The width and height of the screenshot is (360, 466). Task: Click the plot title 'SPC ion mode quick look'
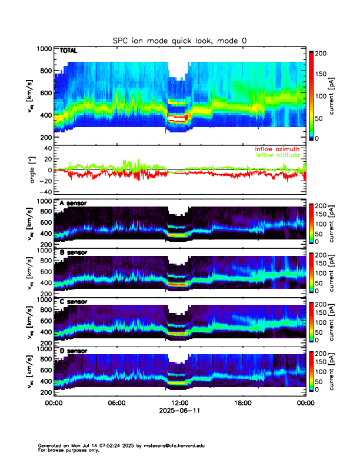(180, 40)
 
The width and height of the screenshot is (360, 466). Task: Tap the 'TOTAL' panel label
(69, 51)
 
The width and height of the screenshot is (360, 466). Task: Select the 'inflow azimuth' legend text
(277, 149)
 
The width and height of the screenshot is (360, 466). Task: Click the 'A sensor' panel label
(73, 204)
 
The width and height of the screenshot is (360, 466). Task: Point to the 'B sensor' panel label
(73, 252)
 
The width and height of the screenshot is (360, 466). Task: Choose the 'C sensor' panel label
(73, 302)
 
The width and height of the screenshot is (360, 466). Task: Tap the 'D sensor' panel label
(73, 351)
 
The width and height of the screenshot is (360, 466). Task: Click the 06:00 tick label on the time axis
(116, 404)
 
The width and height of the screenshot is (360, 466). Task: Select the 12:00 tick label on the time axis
(179, 404)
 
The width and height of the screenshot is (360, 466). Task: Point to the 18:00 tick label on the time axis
(242, 404)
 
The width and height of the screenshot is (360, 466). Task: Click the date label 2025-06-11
(179, 411)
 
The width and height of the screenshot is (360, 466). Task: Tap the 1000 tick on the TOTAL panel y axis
(45, 49)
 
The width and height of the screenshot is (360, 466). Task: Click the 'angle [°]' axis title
(34, 169)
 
